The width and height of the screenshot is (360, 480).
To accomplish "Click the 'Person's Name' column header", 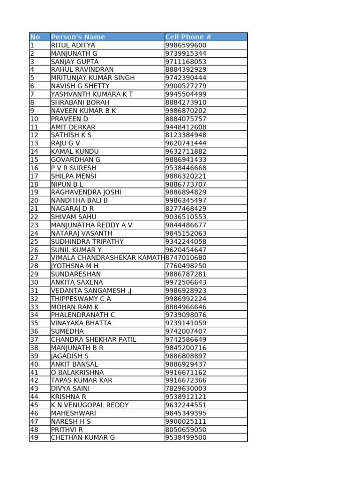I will pos(78,37).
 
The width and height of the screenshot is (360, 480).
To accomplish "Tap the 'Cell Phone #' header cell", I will pos(188,37).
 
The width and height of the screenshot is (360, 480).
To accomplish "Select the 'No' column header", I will pos(35,37).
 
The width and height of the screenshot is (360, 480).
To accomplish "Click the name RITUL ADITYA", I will pos(73,45).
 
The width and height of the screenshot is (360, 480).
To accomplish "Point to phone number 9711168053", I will pos(186,62).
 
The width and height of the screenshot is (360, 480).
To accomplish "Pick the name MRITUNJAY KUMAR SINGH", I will pos(93,78).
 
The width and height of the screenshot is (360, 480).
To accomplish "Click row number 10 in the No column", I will pos(34,119).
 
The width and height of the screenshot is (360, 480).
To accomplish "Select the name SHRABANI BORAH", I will pos(80,103).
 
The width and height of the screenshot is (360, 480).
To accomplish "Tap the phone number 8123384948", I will pos(186,135).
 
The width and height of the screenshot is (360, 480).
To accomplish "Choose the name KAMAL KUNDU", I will pos(75,151).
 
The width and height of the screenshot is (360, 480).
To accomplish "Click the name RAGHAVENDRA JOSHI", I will pos(86,192).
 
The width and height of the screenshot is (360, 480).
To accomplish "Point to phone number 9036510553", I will pos(186,217).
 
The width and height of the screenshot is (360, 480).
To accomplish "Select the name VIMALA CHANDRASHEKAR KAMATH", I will pos(108,258).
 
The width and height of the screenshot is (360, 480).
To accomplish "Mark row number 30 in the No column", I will pos(34,282).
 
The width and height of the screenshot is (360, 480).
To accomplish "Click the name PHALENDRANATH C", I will pos(83,315).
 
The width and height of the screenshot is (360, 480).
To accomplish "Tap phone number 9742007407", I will pos(186,331).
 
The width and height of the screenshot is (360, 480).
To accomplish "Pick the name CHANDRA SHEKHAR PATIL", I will pos(94,339).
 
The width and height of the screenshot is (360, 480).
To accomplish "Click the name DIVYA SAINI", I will pos(70,389).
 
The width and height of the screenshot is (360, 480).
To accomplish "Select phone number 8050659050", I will pos(186,429).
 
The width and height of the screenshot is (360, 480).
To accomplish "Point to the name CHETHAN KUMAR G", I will pos(83,438).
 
